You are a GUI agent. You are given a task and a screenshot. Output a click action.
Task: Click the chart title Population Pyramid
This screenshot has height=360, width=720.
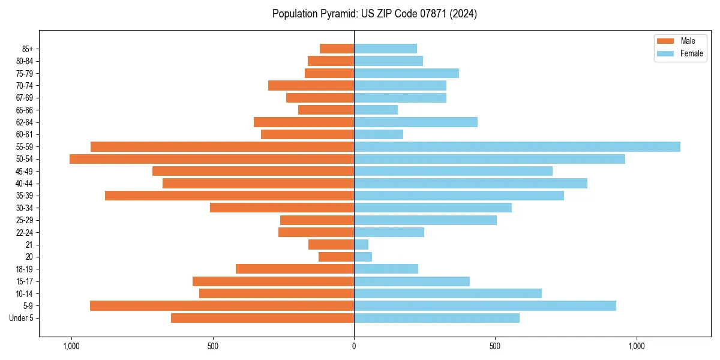point(374,14)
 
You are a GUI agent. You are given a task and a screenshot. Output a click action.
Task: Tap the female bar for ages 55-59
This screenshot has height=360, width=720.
point(517,146)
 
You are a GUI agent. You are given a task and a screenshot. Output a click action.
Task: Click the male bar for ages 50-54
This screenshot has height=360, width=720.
point(212,159)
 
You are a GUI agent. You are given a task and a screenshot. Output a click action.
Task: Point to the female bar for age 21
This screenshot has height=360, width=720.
point(361,244)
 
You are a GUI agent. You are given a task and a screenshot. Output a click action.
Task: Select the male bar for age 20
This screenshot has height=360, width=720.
point(336,257)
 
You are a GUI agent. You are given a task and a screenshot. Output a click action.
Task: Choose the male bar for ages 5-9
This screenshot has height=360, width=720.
point(222,305)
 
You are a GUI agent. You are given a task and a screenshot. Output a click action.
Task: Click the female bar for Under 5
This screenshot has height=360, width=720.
point(437,318)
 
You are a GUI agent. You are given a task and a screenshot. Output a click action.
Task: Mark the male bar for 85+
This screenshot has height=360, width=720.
point(337,49)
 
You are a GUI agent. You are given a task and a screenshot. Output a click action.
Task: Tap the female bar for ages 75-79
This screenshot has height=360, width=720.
point(406,73)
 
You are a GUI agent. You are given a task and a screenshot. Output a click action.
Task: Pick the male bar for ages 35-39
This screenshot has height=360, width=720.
point(229,196)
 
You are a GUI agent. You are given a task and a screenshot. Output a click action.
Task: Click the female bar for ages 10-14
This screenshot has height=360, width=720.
point(448,293)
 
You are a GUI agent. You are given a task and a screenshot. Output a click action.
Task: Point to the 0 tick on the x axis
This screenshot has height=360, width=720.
point(354,346)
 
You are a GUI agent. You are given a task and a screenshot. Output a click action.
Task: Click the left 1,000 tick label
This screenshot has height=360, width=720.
point(71,346)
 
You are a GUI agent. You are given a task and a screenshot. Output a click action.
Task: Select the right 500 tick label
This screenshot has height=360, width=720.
point(495,346)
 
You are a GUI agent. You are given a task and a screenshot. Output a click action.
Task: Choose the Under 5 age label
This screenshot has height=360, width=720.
point(22,318)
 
